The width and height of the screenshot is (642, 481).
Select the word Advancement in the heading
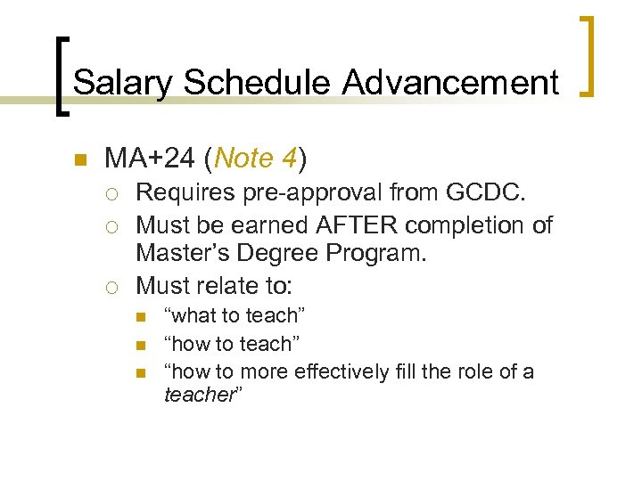[450, 83]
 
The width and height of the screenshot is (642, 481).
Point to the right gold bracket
[588, 55]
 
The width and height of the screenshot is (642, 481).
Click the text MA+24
[148, 159]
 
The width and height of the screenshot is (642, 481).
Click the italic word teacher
[199, 395]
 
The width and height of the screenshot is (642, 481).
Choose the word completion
[466, 224]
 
